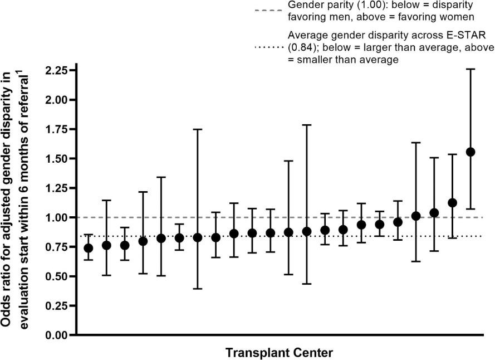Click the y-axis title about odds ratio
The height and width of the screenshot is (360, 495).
(21, 201)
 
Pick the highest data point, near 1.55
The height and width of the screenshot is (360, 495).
(471, 152)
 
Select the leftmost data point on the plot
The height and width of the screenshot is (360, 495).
(89, 248)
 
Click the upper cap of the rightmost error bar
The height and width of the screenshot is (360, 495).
(471, 69)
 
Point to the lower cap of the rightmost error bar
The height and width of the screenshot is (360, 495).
(471, 209)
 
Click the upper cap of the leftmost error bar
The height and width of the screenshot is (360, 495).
(89, 235)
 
